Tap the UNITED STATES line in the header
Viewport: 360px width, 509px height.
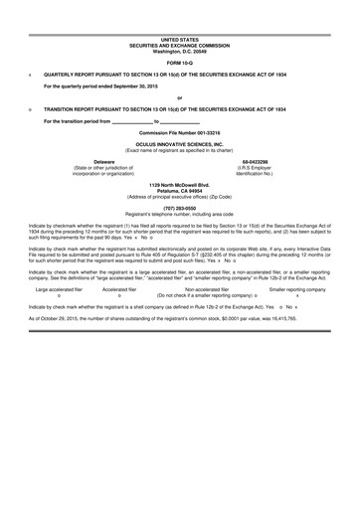point(179,39)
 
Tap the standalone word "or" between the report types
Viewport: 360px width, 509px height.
point(179,96)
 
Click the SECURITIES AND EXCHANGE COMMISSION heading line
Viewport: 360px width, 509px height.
point(179,45)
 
